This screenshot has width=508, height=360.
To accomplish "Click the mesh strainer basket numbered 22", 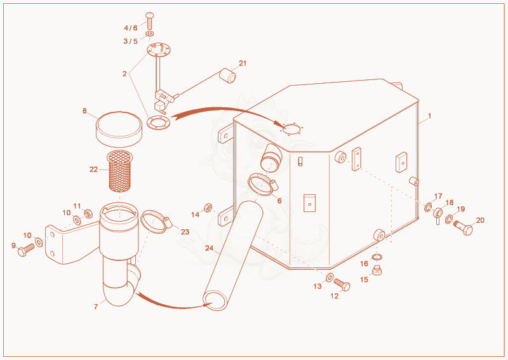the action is click(x=119, y=170).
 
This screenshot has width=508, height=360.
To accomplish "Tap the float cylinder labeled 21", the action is click(x=228, y=76).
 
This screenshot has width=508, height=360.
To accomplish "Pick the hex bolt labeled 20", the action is click(x=464, y=227).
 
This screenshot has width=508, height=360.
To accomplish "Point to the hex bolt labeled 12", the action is click(x=342, y=284).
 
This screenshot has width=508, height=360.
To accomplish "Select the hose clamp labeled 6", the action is click(x=263, y=184).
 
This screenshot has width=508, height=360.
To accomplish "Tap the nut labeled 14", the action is click(x=208, y=208).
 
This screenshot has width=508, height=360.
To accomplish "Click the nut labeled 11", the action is click(x=88, y=214).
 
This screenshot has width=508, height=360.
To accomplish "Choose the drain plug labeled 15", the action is click(x=377, y=270).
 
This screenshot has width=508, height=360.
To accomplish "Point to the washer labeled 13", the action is click(x=330, y=277).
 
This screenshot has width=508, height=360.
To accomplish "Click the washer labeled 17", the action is click(x=428, y=207).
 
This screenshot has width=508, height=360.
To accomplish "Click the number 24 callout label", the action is click(x=210, y=248).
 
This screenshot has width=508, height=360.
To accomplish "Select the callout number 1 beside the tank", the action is click(x=430, y=116).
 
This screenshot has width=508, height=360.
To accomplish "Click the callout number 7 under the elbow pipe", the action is click(x=96, y=307).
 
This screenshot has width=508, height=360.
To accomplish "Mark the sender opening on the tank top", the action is click(x=292, y=130).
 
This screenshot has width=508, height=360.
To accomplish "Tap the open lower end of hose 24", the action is click(x=214, y=300).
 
